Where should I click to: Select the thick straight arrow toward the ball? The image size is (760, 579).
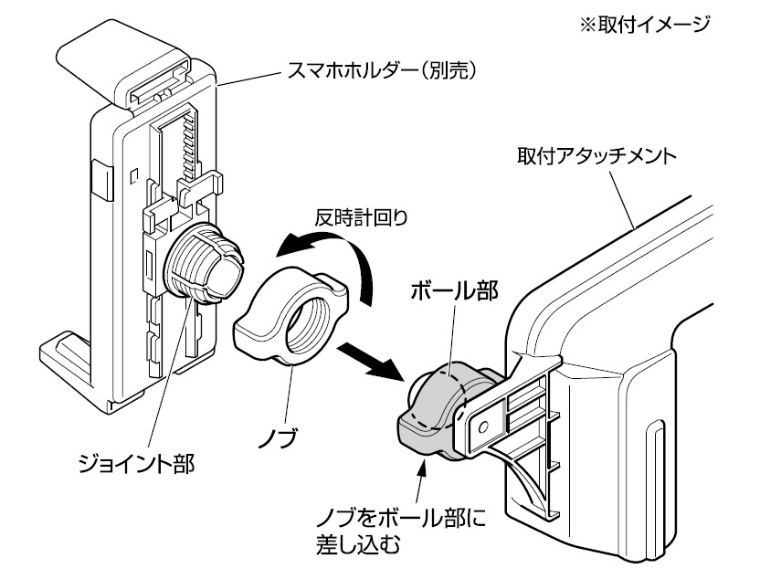[373, 362]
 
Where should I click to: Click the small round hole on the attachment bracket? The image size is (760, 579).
[483, 425]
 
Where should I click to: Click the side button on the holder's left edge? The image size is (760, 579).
[100, 178]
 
